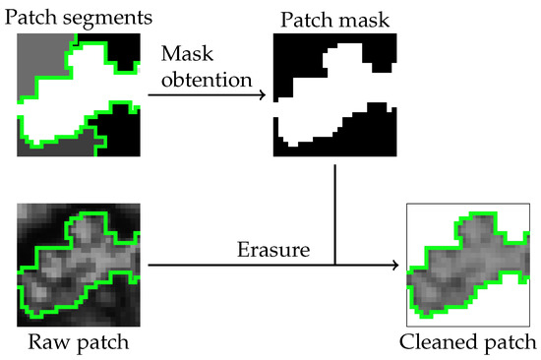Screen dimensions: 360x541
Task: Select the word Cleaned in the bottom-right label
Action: coord(435,345)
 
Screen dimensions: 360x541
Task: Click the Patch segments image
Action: coord(79,93)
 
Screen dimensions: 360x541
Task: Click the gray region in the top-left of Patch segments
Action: coord(39,54)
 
